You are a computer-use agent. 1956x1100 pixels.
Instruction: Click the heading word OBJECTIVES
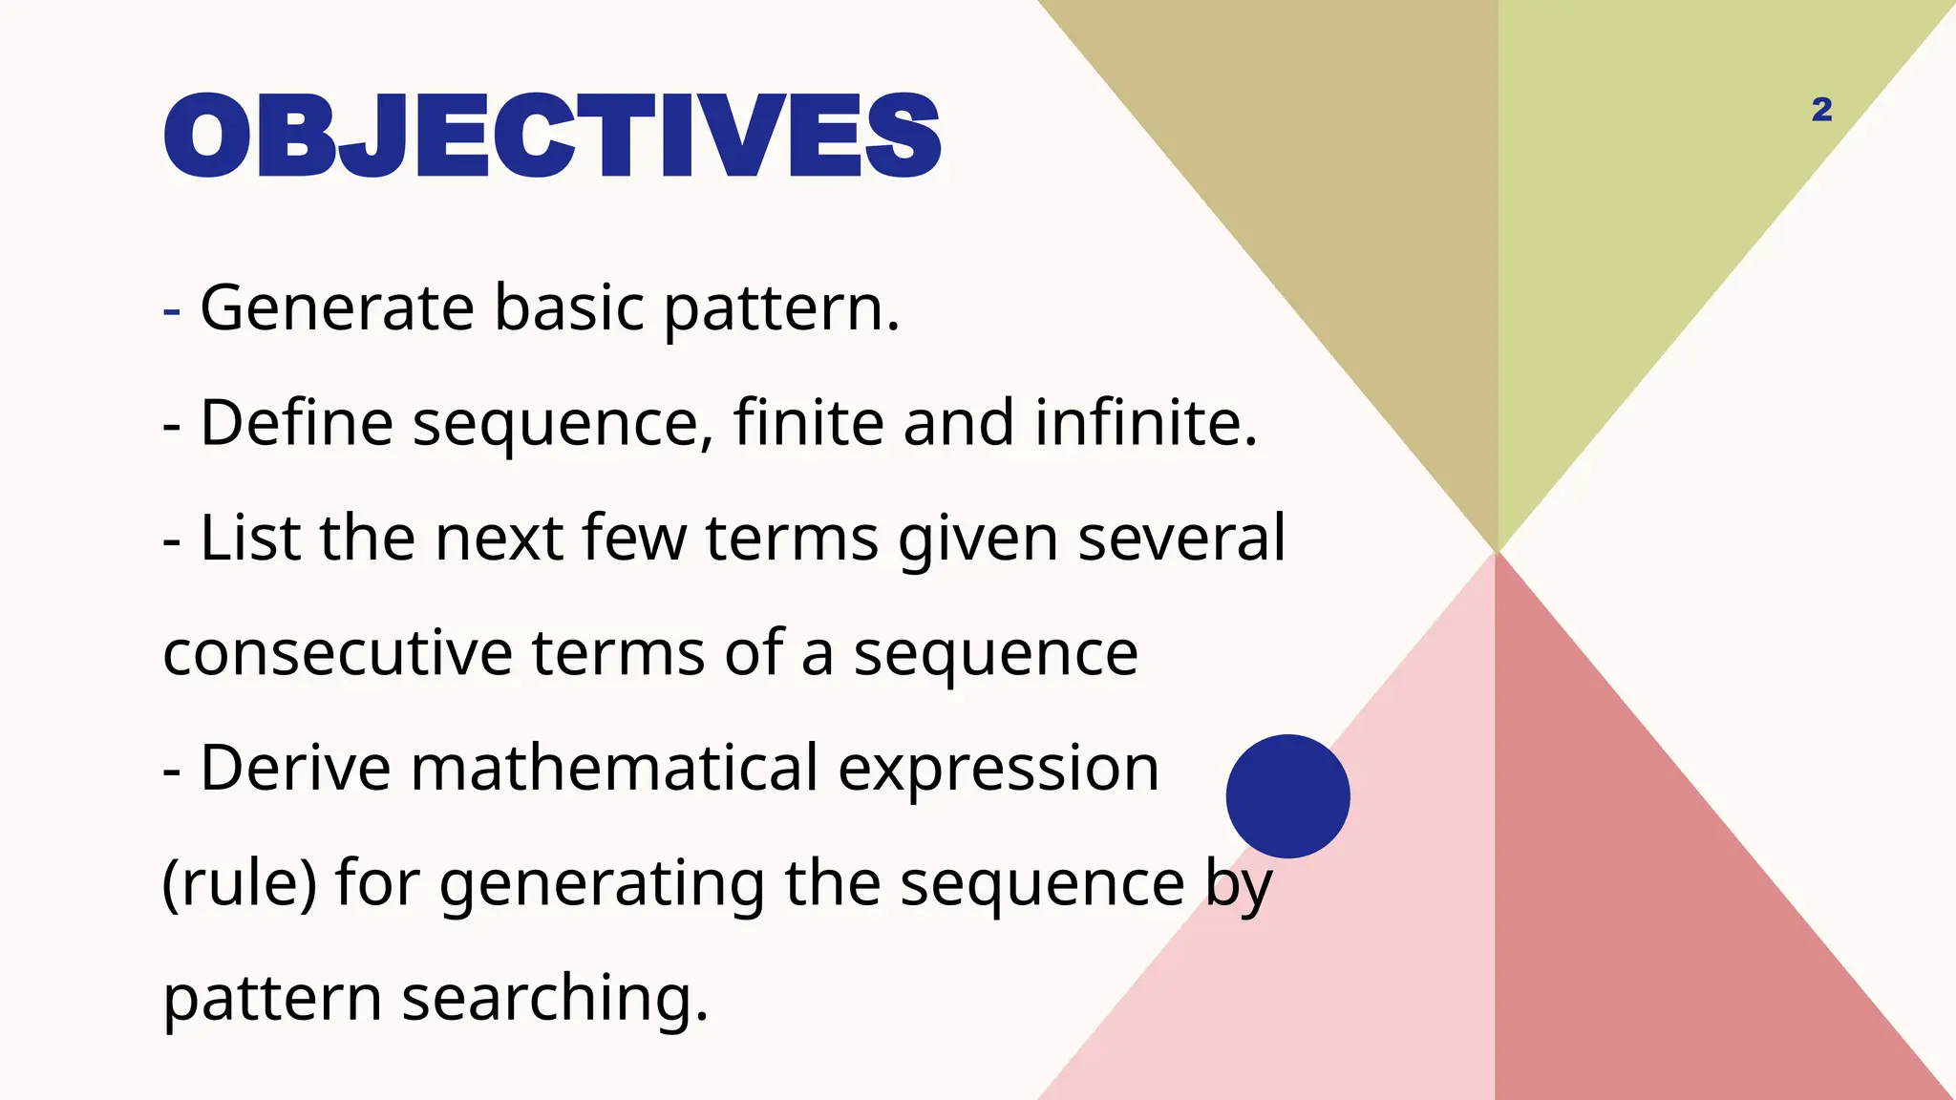click(552, 135)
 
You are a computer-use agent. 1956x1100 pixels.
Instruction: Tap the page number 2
click(1821, 110)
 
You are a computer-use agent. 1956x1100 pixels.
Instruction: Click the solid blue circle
click(1287, 795)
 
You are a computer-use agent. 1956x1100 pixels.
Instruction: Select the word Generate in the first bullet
click(336, 308)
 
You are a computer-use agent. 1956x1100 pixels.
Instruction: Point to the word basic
click(569, 308)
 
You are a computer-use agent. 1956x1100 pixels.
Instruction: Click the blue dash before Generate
click(172, 310)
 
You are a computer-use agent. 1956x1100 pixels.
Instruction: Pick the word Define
click(296, 423)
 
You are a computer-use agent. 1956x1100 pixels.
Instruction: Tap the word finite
click(808, 423)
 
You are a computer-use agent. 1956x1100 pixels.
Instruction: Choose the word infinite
click(1145, 423)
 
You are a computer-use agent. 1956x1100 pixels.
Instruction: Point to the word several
click(1181, 538)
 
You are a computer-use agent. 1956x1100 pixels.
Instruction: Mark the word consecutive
click(338, 654)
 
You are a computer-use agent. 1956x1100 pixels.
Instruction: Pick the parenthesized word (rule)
click(239, 884)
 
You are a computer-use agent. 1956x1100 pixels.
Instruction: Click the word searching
click(554, 1000)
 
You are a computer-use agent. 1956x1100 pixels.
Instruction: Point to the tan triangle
click(1337, 191)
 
